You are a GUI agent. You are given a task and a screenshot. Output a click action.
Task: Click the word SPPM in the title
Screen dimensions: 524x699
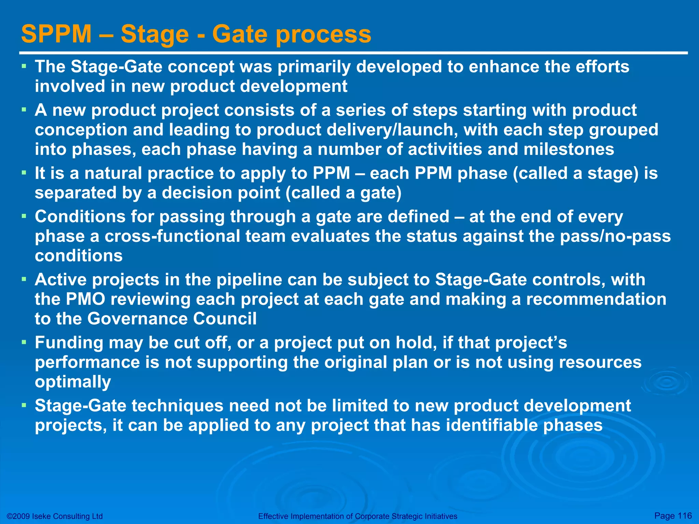pos(56,34)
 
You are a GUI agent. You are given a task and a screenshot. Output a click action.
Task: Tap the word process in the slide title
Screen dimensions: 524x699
pos(323,35)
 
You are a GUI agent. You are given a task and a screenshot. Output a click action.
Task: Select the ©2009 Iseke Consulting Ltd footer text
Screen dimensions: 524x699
pos(55,516)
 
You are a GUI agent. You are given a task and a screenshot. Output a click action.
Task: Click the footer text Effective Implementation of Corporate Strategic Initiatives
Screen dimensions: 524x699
pos(358,516)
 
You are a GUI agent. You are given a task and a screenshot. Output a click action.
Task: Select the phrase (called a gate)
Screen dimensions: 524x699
pos(343,193)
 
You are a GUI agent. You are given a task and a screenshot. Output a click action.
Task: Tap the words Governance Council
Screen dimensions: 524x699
pos(172,319)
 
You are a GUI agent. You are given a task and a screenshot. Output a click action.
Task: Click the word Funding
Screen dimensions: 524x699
pos(69,343)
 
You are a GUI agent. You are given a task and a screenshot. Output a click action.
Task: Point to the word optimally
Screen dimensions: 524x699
pos(73,382)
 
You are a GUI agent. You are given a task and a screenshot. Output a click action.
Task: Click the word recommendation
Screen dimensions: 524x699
pos(596,299)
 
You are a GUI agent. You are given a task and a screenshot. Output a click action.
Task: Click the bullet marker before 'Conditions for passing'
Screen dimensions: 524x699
pos(24,216)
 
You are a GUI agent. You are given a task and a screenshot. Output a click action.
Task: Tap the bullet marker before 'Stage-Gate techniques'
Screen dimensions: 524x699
pos(24,405)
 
